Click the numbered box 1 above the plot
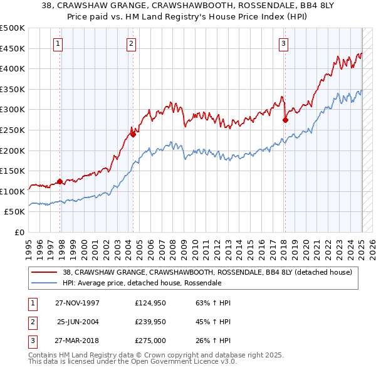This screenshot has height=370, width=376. coord(58,43)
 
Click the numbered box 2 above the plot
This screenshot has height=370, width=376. coord(131,43)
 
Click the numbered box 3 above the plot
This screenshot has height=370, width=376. coord(284,43)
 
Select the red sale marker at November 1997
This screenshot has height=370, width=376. coord(60,182)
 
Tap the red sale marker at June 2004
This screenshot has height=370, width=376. coord(133,134)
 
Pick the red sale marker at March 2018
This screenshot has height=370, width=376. coord(285,120)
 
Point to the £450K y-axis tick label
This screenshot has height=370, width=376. coord(13,48)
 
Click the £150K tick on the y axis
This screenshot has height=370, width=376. coord(13,171)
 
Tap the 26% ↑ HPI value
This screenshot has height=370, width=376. coord(213,342)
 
